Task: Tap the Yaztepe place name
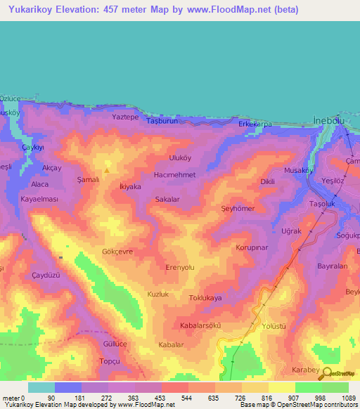point(125,117)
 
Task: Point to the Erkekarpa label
point(255,124)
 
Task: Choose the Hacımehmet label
point(174,174)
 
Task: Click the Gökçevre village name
point(117,251)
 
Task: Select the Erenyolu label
point(179,268)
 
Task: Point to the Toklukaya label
point(206,298)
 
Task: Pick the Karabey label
point(305,370)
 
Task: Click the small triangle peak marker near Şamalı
point(107,169)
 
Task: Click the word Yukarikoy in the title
point(29,10)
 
